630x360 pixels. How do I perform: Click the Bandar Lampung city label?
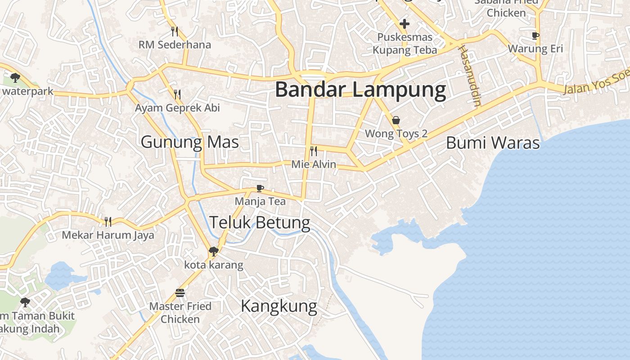(360, 90)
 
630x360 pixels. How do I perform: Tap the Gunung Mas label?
(189, 142)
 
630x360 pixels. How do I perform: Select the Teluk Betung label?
(260, 222)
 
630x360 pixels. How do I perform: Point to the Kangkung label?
(279, 306)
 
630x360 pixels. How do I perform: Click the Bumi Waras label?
(492, 143)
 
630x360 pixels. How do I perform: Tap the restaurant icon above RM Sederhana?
(175, 31)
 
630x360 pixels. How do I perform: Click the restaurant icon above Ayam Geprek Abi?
(177, 94)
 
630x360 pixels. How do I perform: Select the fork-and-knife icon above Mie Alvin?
(314, 151)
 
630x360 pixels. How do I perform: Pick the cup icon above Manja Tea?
(260, 188)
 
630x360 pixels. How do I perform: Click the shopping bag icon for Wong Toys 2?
(396, 120)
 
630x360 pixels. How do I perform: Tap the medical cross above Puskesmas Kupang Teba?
(405, 24)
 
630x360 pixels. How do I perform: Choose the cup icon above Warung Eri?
(535, 35)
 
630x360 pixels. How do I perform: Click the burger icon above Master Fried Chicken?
(180, 293)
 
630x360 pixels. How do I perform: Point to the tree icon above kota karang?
(214, 252)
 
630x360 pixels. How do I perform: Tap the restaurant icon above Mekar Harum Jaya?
(108, 221)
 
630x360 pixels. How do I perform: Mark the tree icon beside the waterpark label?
(15, 78)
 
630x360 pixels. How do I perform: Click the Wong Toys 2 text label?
(396, 134)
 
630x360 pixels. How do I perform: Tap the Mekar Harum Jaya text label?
(108, 235)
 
